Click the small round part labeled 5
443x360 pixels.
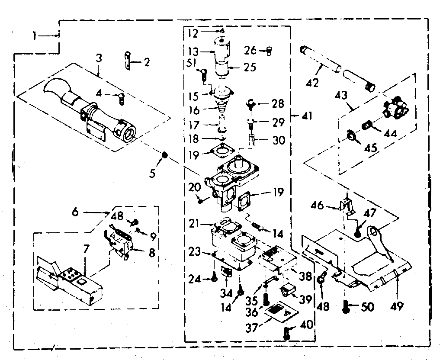[x=165, y=155]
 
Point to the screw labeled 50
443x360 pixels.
[x=346, y=306]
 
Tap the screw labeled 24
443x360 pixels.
[x=214, y=280]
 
